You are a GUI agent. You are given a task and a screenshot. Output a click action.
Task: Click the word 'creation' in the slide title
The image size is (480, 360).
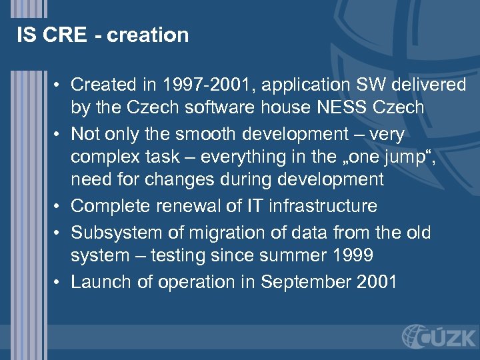(x=147, y=35)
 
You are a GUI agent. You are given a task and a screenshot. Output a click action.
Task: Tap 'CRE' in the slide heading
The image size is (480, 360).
(x=64, y=35)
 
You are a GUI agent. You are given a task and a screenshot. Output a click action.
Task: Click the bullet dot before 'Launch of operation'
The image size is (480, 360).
(x=58, y=282)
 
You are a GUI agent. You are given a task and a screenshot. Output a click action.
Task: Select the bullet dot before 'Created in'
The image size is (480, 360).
(x=58, y=85)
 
